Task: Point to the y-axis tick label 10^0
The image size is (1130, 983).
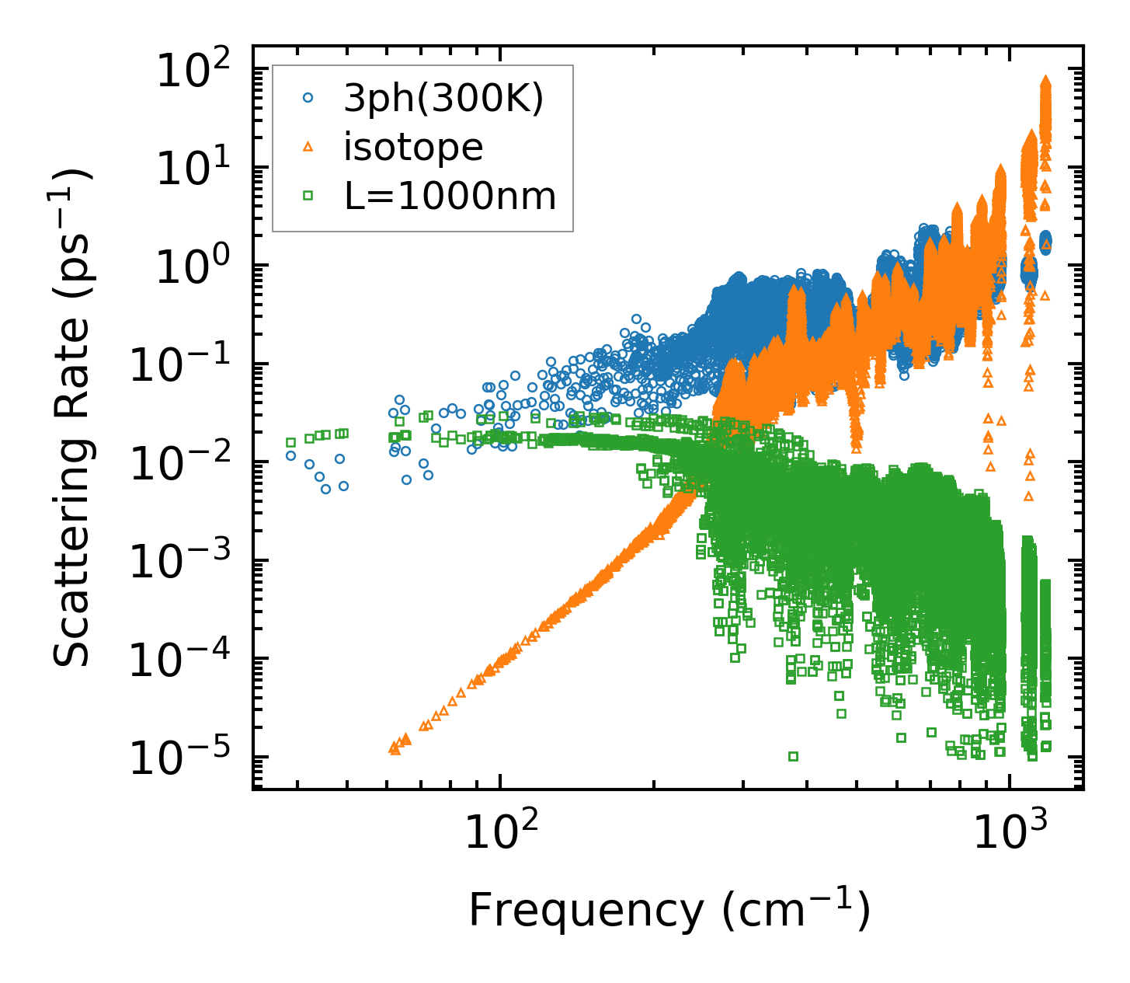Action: click(196, 267)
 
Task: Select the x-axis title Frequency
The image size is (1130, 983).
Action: click(668, 910)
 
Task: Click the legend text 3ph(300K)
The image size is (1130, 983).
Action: click(443, 99)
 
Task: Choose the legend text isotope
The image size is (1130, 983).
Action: click(413, 147)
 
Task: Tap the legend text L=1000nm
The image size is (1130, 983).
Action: click(450, 196)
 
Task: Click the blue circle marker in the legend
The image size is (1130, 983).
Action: click(308, 98)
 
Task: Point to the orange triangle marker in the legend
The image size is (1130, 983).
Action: click(308, 147)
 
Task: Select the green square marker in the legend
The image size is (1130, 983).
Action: click(308, 196)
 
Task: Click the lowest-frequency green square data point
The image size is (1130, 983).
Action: click(291, 442)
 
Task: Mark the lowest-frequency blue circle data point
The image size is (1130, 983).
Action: click(291, 456)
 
